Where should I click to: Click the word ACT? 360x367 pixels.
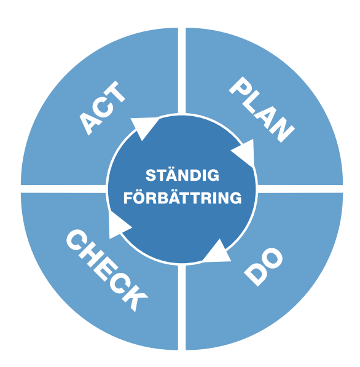102,108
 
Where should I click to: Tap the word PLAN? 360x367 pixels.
262,109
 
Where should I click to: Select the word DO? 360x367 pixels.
264,267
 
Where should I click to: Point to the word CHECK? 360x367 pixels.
107,270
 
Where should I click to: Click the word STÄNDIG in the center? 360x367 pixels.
182,175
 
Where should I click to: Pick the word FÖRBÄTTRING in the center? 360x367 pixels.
182,198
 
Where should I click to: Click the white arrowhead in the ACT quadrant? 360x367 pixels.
143,128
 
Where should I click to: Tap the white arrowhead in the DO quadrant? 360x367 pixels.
218,251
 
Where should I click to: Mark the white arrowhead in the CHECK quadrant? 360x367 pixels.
119,225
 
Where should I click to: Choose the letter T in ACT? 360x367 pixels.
115,92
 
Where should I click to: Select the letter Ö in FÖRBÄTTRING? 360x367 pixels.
139,198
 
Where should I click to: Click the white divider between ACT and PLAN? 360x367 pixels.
182,71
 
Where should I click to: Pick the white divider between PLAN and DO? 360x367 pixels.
300,189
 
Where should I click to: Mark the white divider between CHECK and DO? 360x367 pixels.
182,307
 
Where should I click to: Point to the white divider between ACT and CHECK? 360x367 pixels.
64,189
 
